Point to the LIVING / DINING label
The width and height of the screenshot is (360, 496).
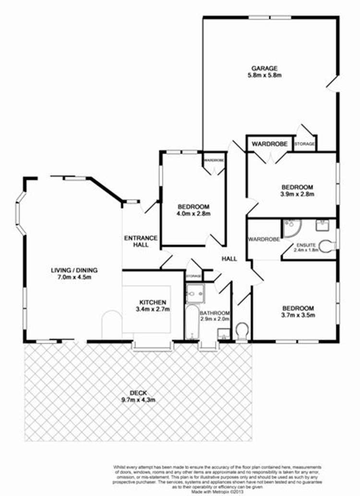pyautogui.click(x=71, y=270)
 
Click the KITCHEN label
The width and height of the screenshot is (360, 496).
pyautogui.click(x=153, y=302)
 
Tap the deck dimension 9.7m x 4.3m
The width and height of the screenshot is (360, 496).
pyautogui.click(x=139, y=399)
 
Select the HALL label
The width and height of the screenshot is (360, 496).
pyautogui.click(x=229, y=259)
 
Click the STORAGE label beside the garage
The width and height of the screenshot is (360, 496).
pyautogui.click(x=304, y=144)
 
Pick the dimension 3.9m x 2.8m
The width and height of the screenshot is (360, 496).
pyautogui.click(x=297, y=194)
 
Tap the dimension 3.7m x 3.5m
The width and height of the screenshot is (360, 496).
pyautogui.click(x=298, y=315)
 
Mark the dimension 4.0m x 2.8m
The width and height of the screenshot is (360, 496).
pyautogui.click(x=194, y=213)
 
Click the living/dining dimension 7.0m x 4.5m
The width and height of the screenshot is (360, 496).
pyautogui.click(x=71, y=277)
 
